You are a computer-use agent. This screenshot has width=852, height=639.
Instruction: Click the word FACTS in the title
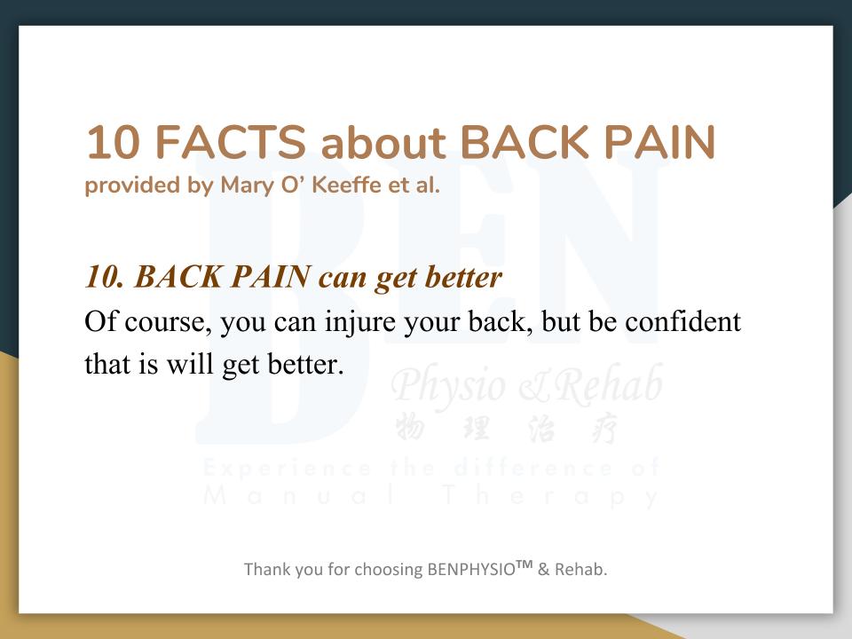(231, 142)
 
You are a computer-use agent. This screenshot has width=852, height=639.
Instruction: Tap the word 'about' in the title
(383, 142)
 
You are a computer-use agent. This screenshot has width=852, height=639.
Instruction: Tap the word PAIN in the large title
(659, 142)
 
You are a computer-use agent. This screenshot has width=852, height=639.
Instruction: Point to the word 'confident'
(683, 321)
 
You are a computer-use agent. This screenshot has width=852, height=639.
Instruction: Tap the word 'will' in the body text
(190, 364)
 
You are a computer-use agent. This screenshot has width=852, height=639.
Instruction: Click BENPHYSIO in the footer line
(471, 570)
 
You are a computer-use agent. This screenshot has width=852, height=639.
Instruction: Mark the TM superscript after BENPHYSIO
(525, 564)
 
